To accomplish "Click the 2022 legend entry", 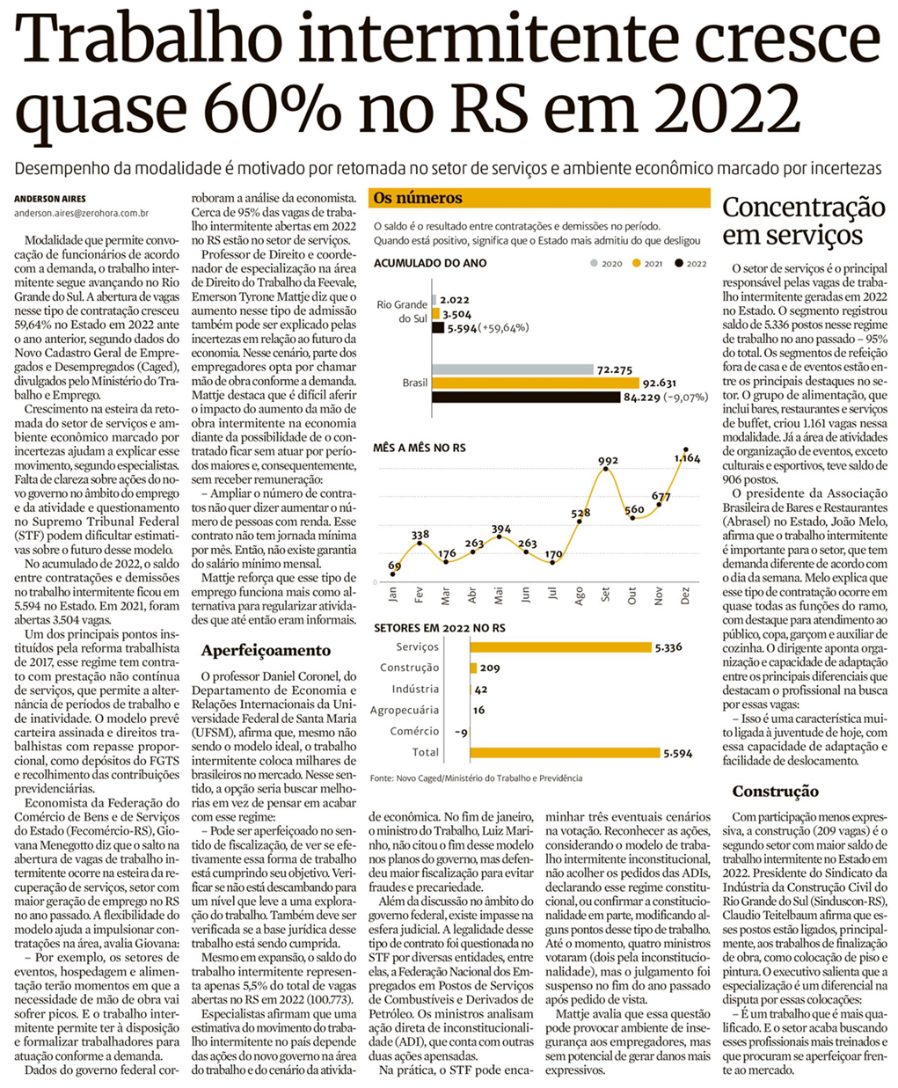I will pos(690,264).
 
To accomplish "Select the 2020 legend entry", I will pos(606,264).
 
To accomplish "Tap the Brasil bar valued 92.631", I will pos(536,383).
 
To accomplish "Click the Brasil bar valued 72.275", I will pos(513,369).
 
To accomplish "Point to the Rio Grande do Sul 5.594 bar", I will pos(438,327).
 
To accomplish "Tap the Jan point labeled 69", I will pos(393,574).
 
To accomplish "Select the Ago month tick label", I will pos(579,595).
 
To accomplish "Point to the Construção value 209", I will pos(490,668).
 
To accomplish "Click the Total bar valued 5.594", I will pos(565,752).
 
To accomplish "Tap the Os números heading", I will pos(418,198).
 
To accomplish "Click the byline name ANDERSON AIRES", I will pos(49,199).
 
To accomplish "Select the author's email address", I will pos(81,213).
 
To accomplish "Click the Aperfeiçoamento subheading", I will pos(253,651).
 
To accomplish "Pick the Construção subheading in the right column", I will pos(775,792).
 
